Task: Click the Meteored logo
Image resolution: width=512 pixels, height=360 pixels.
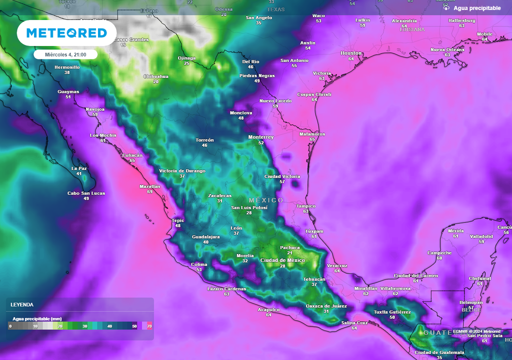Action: pyautogui.click(x=66, y=33)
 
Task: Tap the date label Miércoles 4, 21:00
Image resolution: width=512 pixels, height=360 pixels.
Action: pyautogui.click(x=66, y=54)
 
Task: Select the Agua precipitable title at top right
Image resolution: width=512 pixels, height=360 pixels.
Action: pyautogui.click(x=476, y=8)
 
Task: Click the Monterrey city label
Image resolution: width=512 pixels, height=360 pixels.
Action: pyautogui.click(x=261, y=137)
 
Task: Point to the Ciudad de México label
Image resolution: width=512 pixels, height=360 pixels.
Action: pyautogui.click(x=282, y=260)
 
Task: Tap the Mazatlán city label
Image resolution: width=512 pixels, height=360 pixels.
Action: pyautogui.click(x=149, y=186)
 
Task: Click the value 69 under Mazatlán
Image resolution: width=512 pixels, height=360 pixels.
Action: pyautogui.click(x=149, y=192)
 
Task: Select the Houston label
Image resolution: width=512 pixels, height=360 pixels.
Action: pyautogui.click(x=351, y=53)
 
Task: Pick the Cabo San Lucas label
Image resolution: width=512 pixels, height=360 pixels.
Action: pyautogui.click(x=86, y=193)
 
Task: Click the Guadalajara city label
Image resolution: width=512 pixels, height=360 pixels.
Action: pyautogui.click(x=205, y=236)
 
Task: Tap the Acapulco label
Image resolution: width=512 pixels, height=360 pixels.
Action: pyautogui.click(x=268, y=309)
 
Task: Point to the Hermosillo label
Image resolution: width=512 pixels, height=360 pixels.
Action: pyautogui.click(x=67, y=67)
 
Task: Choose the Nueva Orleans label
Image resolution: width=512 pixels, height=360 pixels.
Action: pyautogui.click(x=447, y=49)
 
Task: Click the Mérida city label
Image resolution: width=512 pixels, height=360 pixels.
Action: pyautogui.click(x=455, y=230)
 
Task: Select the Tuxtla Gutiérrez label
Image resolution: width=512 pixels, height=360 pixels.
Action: pyautogui.click(x=392, y=312)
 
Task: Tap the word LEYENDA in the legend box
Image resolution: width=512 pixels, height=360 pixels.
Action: pyautogui.click(x=22, y=304)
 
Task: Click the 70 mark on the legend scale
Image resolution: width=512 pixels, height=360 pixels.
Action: pyautogui.click(x=149, y=326)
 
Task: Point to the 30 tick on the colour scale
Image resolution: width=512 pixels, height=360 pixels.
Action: pyautogui.click(x=85, y=326)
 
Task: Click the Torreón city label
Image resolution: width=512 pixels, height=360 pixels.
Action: pyautogui.click(x=204, y=140)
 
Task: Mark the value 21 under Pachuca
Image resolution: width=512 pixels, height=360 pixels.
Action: pyautogui.click(x=289, y=253)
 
